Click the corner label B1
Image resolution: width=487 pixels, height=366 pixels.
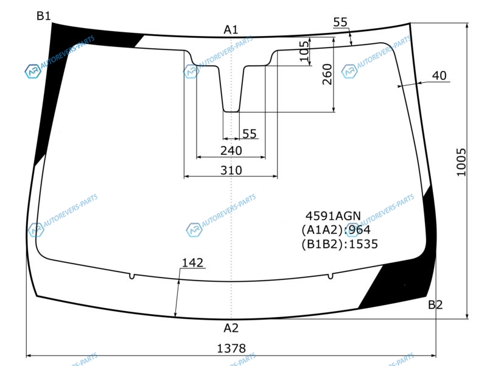point(43,16)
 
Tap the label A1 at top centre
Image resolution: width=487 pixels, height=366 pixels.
point(231,30)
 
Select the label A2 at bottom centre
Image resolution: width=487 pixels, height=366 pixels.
point(231,328)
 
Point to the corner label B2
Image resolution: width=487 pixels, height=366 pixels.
point(435,304)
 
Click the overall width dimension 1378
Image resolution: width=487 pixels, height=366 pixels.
point(231,348)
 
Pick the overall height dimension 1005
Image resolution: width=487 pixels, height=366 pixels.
point(461,162)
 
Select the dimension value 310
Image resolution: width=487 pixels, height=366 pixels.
point(231,171)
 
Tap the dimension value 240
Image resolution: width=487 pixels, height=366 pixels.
point(231,151)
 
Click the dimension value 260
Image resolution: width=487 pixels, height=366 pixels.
point(328,74)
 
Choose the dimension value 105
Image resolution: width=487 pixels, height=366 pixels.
point(304,51)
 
